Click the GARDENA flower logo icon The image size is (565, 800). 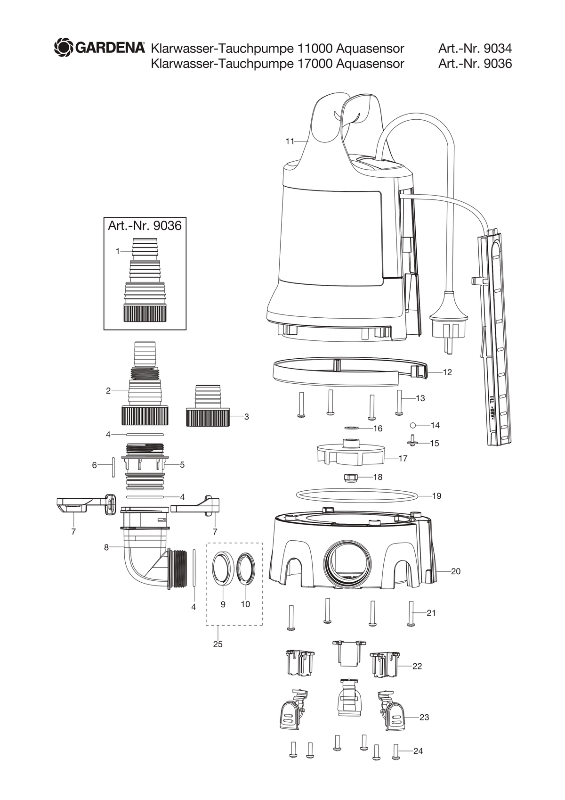click(64, 48)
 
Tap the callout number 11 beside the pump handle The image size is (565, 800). click(290, 142)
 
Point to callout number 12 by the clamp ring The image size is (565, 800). click(447, 372)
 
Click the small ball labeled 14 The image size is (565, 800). click(412, 425)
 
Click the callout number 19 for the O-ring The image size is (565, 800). click(436, 496)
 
